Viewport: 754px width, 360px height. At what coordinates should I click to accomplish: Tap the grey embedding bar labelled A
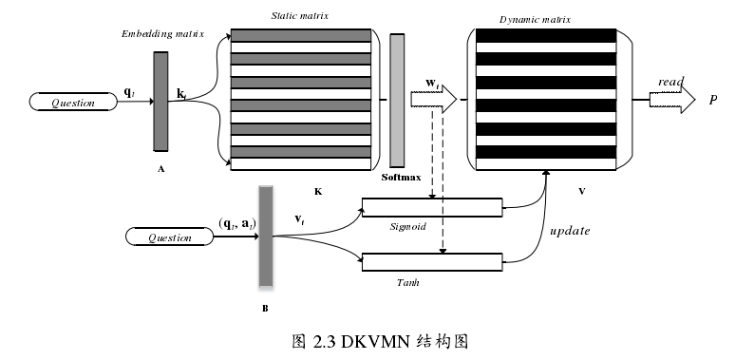[x=160, y=101]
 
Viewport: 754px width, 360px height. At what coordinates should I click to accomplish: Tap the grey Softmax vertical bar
[x=397, y=98]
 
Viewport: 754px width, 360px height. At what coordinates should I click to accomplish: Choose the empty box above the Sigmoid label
[x=432, y=208]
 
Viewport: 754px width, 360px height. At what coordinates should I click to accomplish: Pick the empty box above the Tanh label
[x=432, y=262]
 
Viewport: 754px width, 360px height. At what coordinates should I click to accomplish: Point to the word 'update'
[x=570, y=231]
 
